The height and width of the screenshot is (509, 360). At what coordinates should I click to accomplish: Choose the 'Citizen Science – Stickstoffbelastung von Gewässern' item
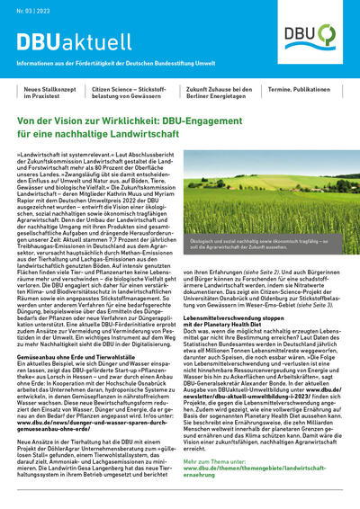[x=142, y=94]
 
